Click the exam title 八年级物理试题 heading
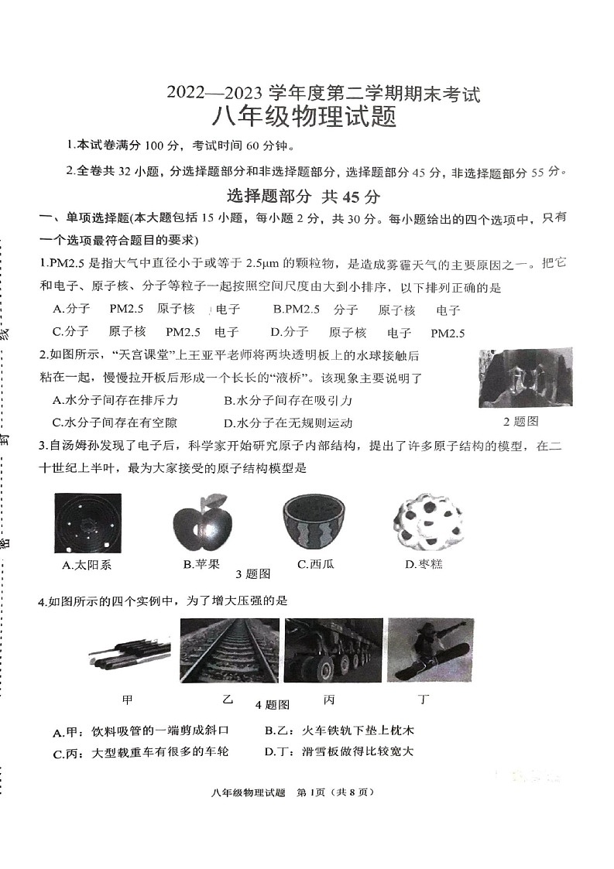305,118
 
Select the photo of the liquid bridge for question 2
526,378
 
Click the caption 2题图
520,422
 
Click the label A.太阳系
87,565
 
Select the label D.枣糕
424,565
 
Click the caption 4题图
272,705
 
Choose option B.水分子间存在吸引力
288,400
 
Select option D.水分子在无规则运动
288,423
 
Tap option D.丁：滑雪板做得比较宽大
339,751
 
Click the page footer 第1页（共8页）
336,792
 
